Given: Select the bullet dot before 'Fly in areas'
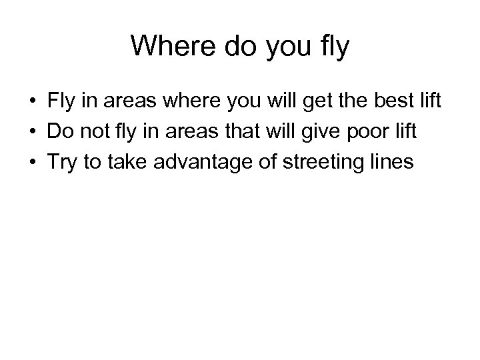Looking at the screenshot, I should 31,103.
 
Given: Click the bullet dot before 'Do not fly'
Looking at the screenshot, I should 31,132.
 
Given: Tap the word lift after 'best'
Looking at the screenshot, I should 428,103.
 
